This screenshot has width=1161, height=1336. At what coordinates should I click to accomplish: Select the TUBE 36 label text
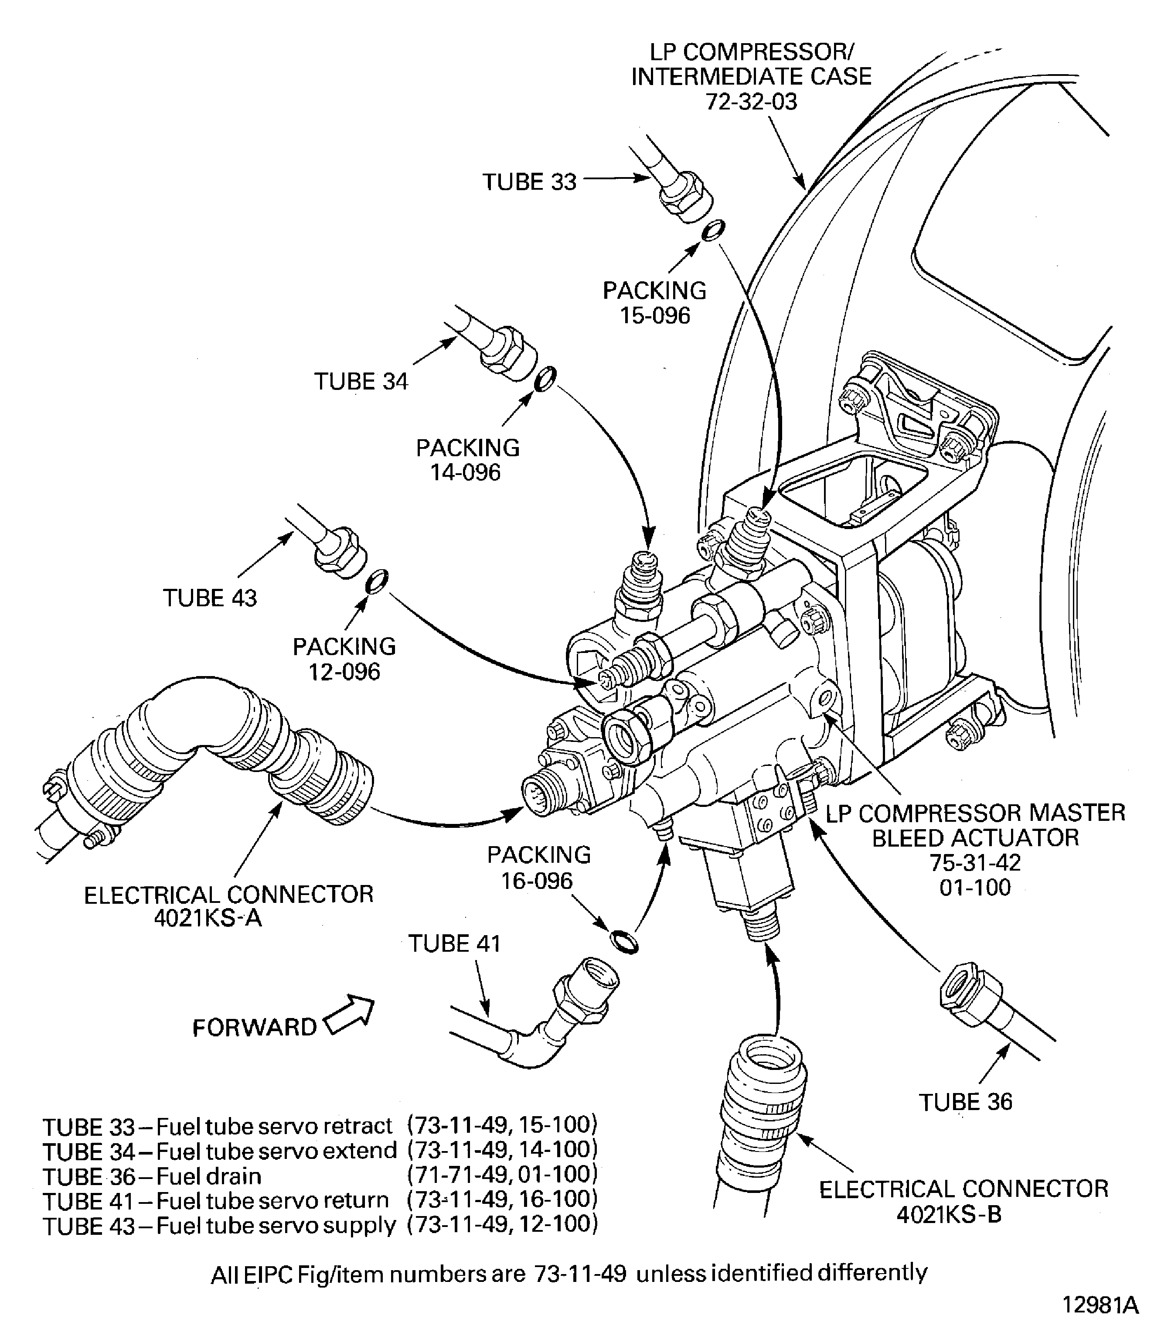coord(965,1101)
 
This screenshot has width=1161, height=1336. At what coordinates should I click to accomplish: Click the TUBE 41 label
coord(454,943)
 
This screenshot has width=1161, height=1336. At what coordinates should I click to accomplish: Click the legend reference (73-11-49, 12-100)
coord(502,1224)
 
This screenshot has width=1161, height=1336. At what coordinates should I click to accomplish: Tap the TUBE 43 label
coord(209,597)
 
